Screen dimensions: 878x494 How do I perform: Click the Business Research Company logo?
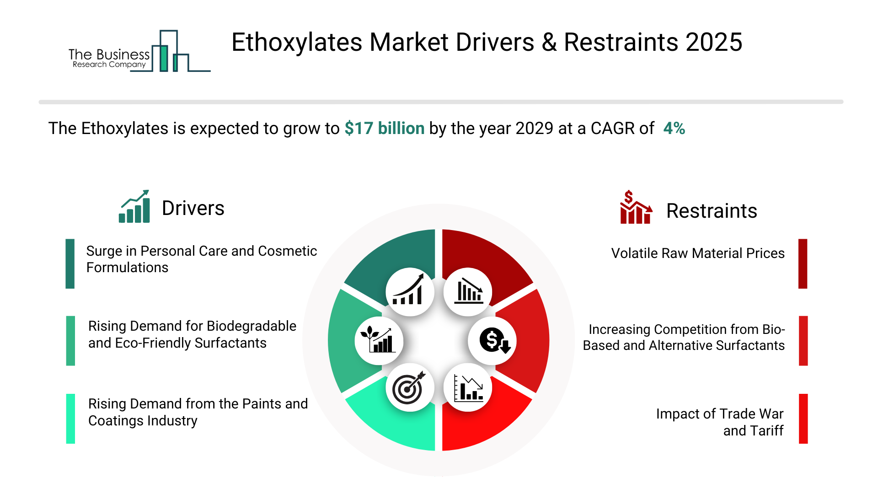pos(139,51)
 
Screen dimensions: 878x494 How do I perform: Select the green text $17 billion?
pos(385,129)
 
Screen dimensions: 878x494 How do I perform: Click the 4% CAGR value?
pos(674,129)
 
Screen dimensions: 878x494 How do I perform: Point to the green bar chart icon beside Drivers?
pos(134,206)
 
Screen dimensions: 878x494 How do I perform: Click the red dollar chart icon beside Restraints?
pos(636,207)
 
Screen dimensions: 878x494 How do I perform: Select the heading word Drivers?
pos(193,208)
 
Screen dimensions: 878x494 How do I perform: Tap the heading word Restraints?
pos(712,211)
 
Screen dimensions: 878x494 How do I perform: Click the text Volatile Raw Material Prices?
pos(698,253)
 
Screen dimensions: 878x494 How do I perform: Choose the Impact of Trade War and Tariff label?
pos(720,422)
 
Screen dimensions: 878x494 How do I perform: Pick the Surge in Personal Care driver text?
pos(202,259)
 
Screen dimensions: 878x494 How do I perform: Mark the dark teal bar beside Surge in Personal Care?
pos(70,263)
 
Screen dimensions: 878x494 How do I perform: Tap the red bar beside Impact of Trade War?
pos(803,419)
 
